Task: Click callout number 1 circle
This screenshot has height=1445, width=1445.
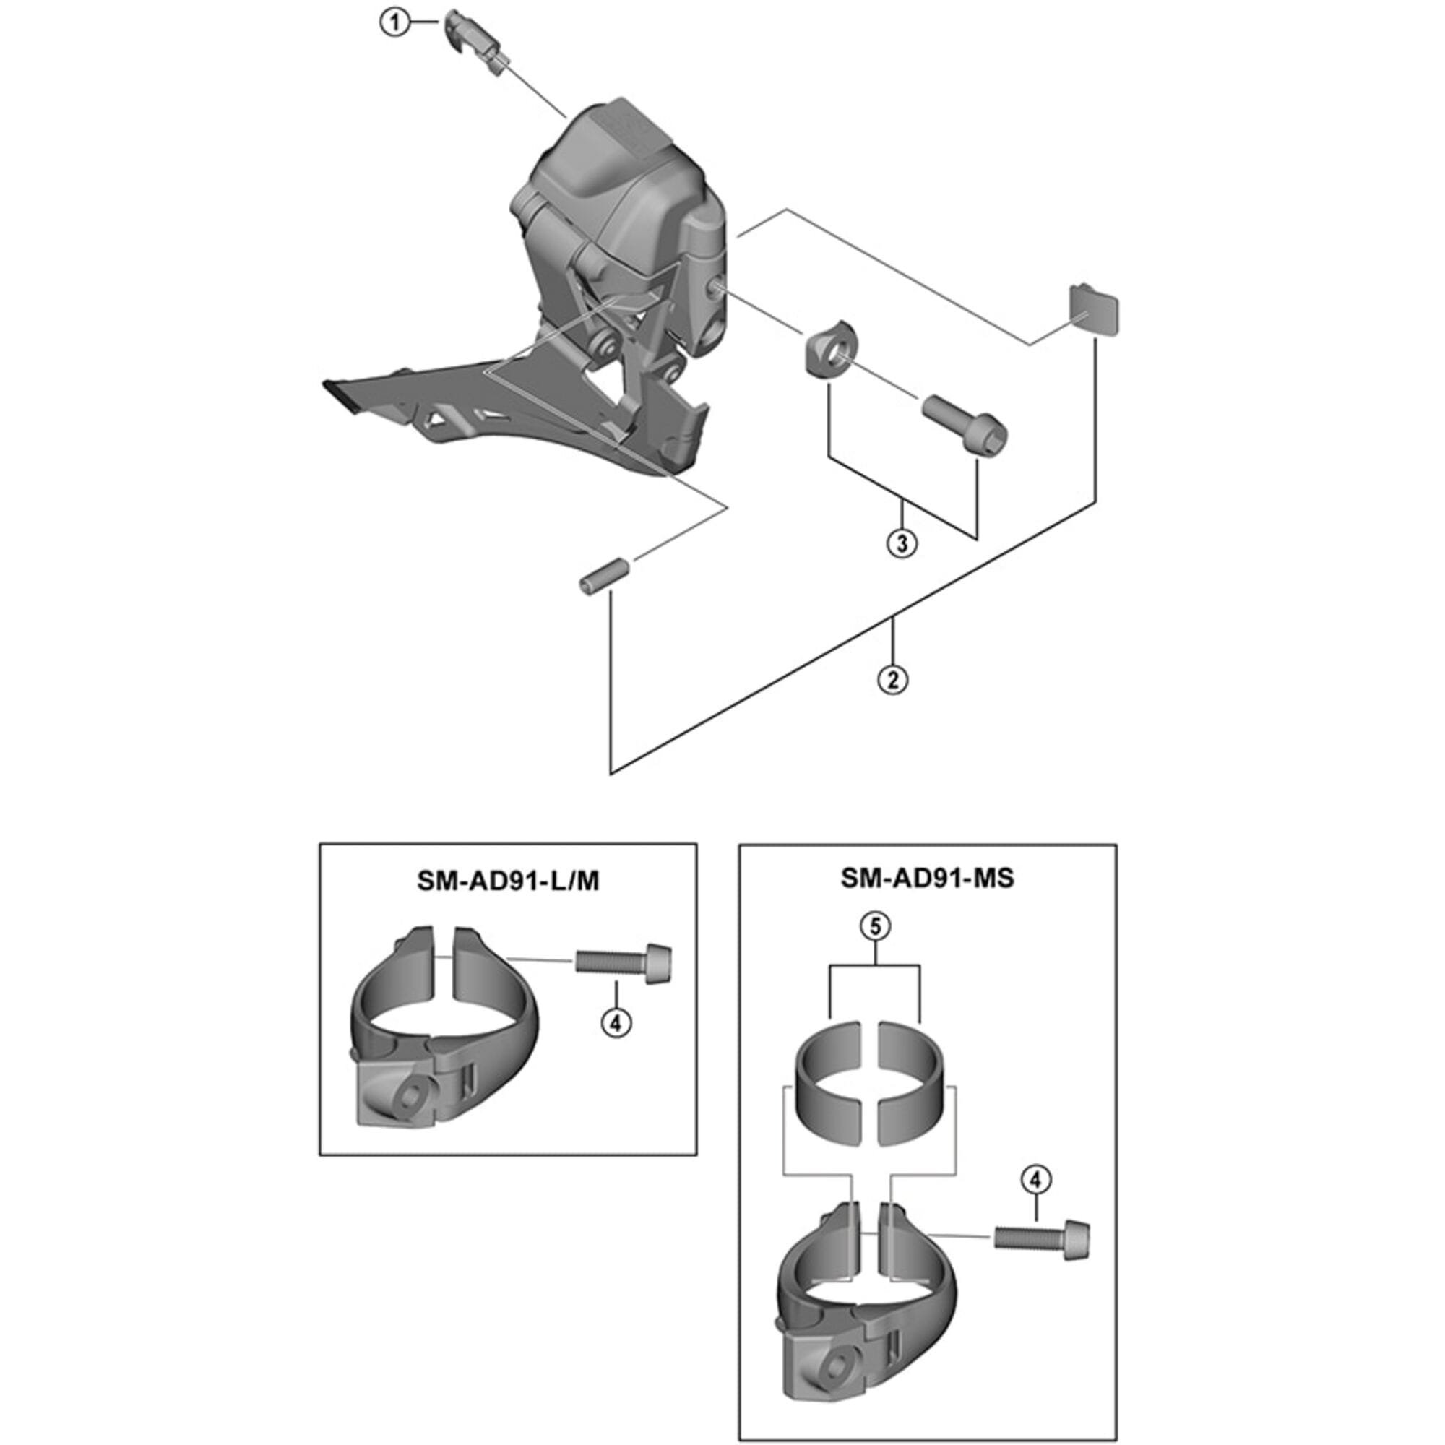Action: pyautogui.click(x=394, y=23)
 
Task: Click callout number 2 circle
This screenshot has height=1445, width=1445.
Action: pyautogui.click(x=892, y=679)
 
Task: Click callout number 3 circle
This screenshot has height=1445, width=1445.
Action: pyautogui.click(x=901, y=544)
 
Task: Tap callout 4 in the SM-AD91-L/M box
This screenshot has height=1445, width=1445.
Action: pyautogui.click(x=616, y=1022)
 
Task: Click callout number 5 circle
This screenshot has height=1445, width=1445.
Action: pyautogui.click(x=874, y=927)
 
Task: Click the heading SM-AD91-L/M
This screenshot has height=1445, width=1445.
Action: pyautogui.click(x=508, y=881)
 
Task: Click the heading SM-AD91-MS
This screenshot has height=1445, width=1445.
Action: pyautogui.click(x=927, y=877)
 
